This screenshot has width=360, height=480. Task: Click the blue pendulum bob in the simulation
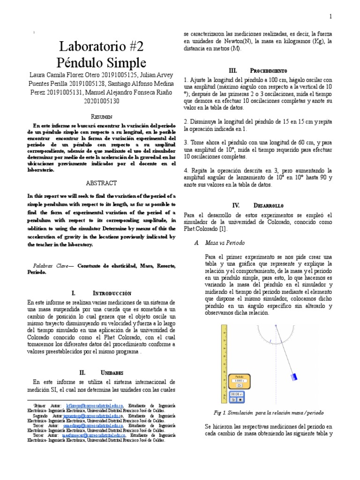tap(294, 375)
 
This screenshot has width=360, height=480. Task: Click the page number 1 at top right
tap(330, 17)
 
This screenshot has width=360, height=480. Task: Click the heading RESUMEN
tap(102, 116)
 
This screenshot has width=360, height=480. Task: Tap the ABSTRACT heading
tap(102, 183)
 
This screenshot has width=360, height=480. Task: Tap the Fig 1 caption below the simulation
tap(268, 412)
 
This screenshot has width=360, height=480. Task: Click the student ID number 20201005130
tap(102, 100)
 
